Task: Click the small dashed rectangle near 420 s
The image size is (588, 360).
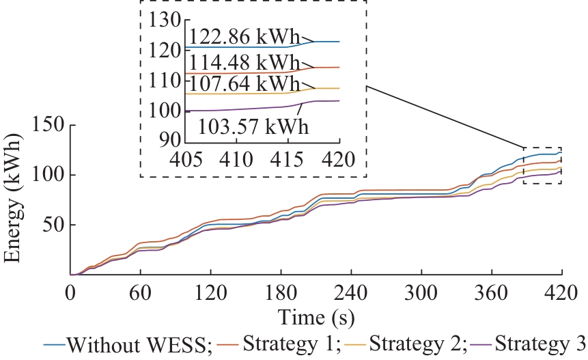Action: coord(542,165)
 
